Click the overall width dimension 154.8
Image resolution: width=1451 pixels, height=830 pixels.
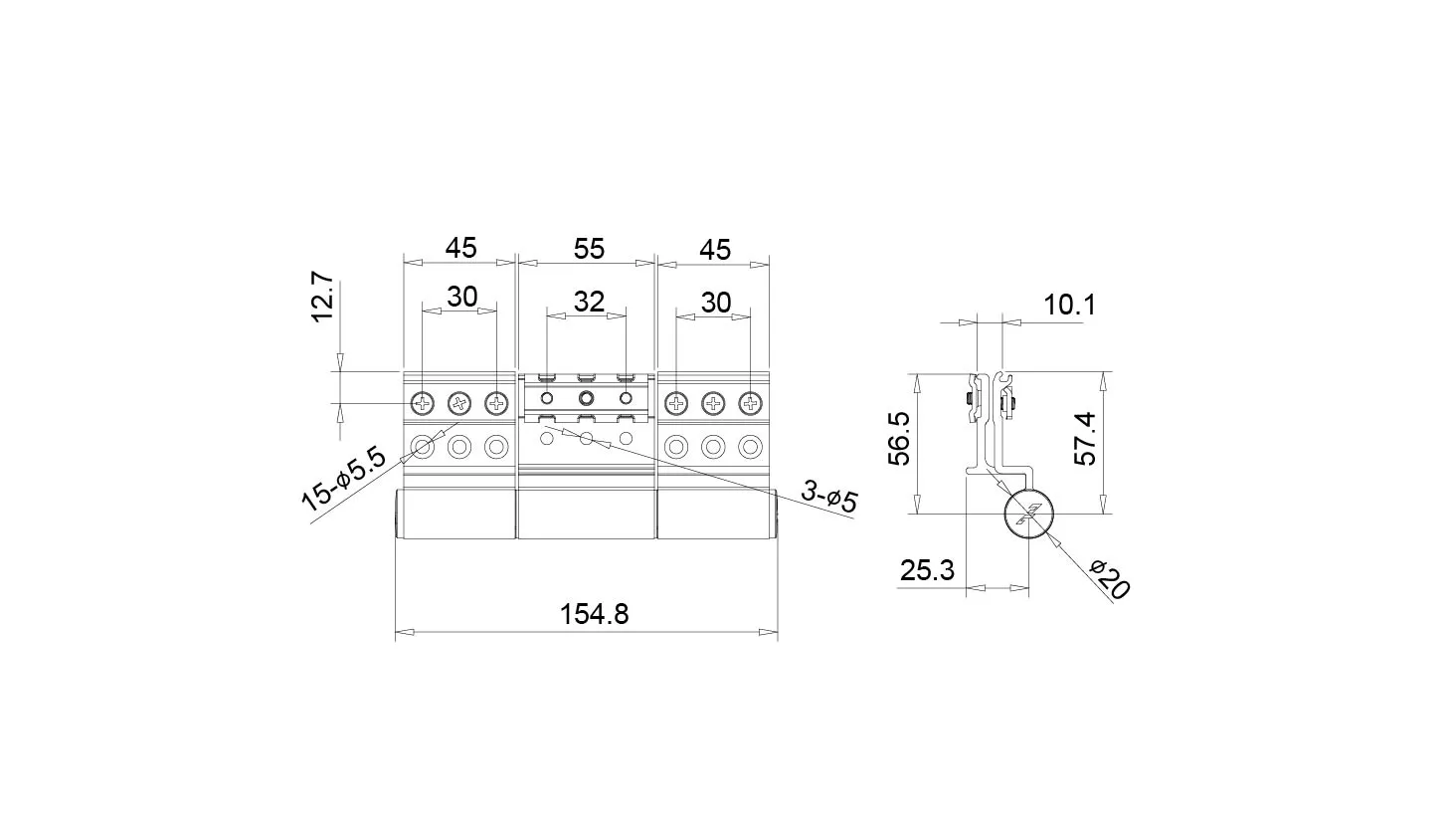tap(594, 614)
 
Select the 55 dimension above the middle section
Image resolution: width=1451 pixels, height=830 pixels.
tap(589, 249)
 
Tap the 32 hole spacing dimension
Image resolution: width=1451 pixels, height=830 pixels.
tap(589, 302)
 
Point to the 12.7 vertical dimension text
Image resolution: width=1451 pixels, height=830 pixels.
tap(322, 297)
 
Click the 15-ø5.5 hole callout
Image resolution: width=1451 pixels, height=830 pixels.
tap(343, 480)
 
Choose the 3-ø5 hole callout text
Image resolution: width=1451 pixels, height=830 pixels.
tap(829, 497)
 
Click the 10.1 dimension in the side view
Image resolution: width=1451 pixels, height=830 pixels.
tap(1069, 305)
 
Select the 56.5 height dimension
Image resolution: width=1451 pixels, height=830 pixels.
tap(899, 438)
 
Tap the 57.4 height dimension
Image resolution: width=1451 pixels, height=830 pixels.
tap(1085, 438)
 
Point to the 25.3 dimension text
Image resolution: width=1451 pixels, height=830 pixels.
tap(927, 570)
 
